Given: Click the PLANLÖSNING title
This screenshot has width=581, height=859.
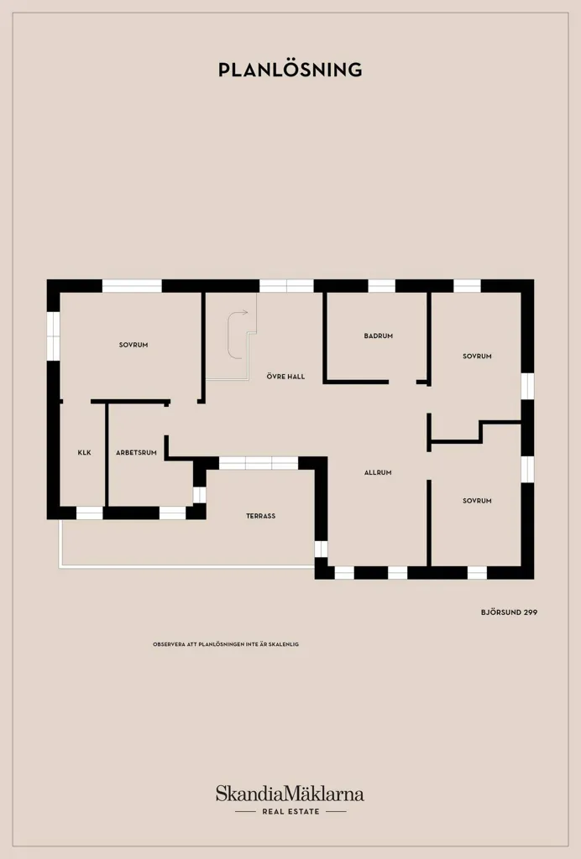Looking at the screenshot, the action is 290,70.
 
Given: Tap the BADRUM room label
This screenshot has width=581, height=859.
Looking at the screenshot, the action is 378,336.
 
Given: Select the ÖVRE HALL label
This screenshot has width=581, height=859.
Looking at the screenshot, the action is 285,377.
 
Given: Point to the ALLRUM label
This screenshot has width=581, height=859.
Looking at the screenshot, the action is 378,472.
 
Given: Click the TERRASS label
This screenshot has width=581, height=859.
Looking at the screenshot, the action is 260,516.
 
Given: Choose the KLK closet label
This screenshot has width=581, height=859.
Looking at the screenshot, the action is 85,452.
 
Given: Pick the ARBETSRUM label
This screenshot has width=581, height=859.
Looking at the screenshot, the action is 136,452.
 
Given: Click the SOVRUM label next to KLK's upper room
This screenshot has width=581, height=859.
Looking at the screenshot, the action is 133,345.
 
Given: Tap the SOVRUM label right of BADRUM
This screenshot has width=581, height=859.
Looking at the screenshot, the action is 477,356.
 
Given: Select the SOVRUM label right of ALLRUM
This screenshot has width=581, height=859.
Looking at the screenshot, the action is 477,501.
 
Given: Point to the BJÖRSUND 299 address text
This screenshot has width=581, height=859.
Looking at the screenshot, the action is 509,612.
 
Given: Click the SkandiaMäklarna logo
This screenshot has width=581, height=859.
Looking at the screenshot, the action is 290,794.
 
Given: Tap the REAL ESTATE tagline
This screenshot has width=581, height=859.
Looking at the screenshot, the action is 290,811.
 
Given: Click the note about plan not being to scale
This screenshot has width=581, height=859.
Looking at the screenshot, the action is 226,644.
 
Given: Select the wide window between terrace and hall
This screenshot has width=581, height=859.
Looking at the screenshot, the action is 258,463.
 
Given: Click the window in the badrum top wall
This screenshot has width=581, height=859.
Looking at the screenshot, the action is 381,286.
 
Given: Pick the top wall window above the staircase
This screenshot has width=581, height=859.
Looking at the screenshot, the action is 286,286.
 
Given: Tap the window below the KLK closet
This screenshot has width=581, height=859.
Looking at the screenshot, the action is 89,513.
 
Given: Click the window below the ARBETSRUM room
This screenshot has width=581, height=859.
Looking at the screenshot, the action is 173,513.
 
